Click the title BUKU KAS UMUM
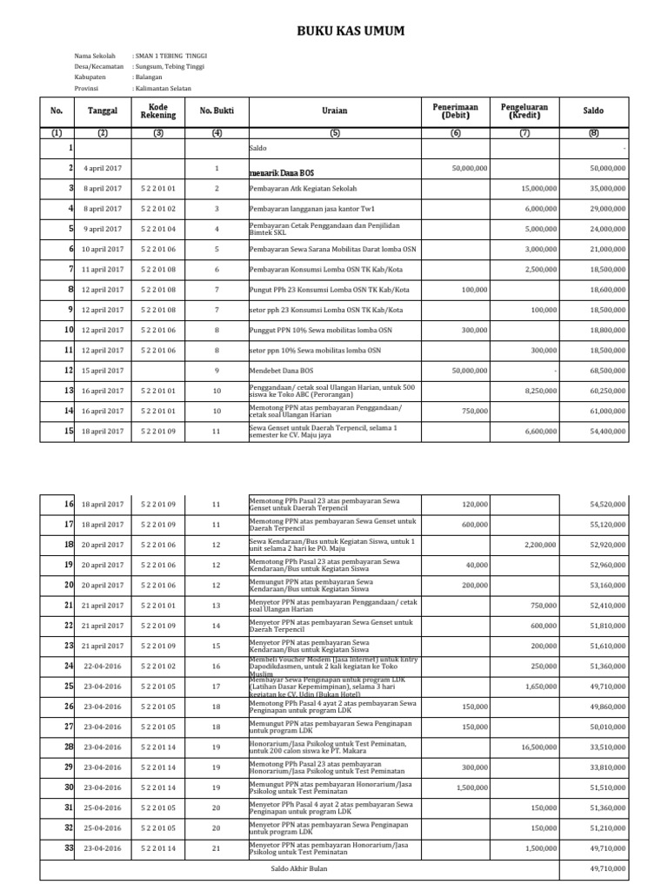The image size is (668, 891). [x=351, y=32]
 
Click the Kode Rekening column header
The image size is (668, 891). [x=157, y=111]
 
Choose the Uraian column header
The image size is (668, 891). [x=334, y=111]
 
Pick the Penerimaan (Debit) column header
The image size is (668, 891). [x=456, y=111]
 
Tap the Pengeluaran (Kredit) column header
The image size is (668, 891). [x=524, y=111]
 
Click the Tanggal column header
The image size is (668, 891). [x=103, y=111]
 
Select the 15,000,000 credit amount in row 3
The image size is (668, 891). [x=538, y=188]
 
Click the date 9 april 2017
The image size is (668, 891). [x=103, y=229]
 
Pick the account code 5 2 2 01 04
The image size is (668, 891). [x=157, y=229]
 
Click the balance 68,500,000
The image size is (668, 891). [x=607, y=371]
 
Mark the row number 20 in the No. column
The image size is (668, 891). [x=68, y=585]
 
